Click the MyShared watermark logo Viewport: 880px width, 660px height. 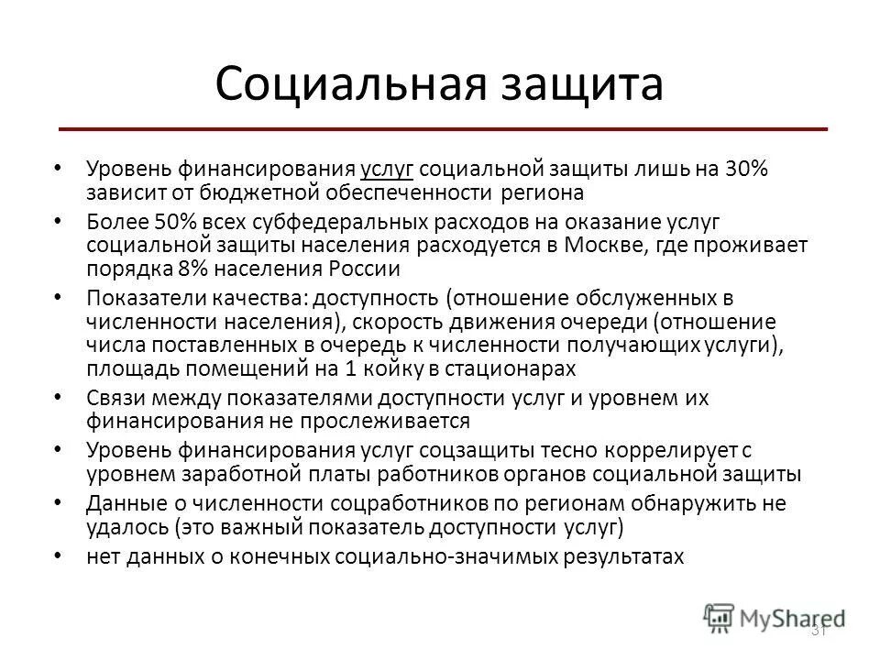(x=775, y=617)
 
